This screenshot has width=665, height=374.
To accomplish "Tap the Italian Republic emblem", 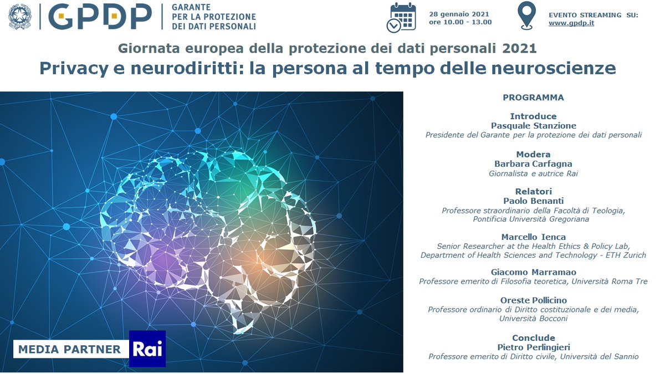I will pos(20,17).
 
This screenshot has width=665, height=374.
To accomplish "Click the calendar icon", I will pos(401,17).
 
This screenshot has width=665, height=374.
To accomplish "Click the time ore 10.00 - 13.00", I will pos(460,23).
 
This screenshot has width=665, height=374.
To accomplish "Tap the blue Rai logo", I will pos(147,349).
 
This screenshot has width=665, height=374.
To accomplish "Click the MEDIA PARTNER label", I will pos(70,349).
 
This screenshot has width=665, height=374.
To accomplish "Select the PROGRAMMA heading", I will pos(533,98).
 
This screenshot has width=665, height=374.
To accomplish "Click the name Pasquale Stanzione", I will pos(533,126).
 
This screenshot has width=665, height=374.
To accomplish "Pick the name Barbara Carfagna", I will pos(533,163).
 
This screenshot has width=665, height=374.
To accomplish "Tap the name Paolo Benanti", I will pos(533,201).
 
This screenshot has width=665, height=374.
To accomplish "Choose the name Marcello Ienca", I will pos(533,237).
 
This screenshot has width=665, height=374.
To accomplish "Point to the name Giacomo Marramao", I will pos(533,272).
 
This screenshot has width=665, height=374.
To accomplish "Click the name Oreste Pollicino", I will pos(533,300).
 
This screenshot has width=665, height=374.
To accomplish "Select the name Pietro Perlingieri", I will pos(533,347).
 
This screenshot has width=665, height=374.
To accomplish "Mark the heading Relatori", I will pos(533,192).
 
